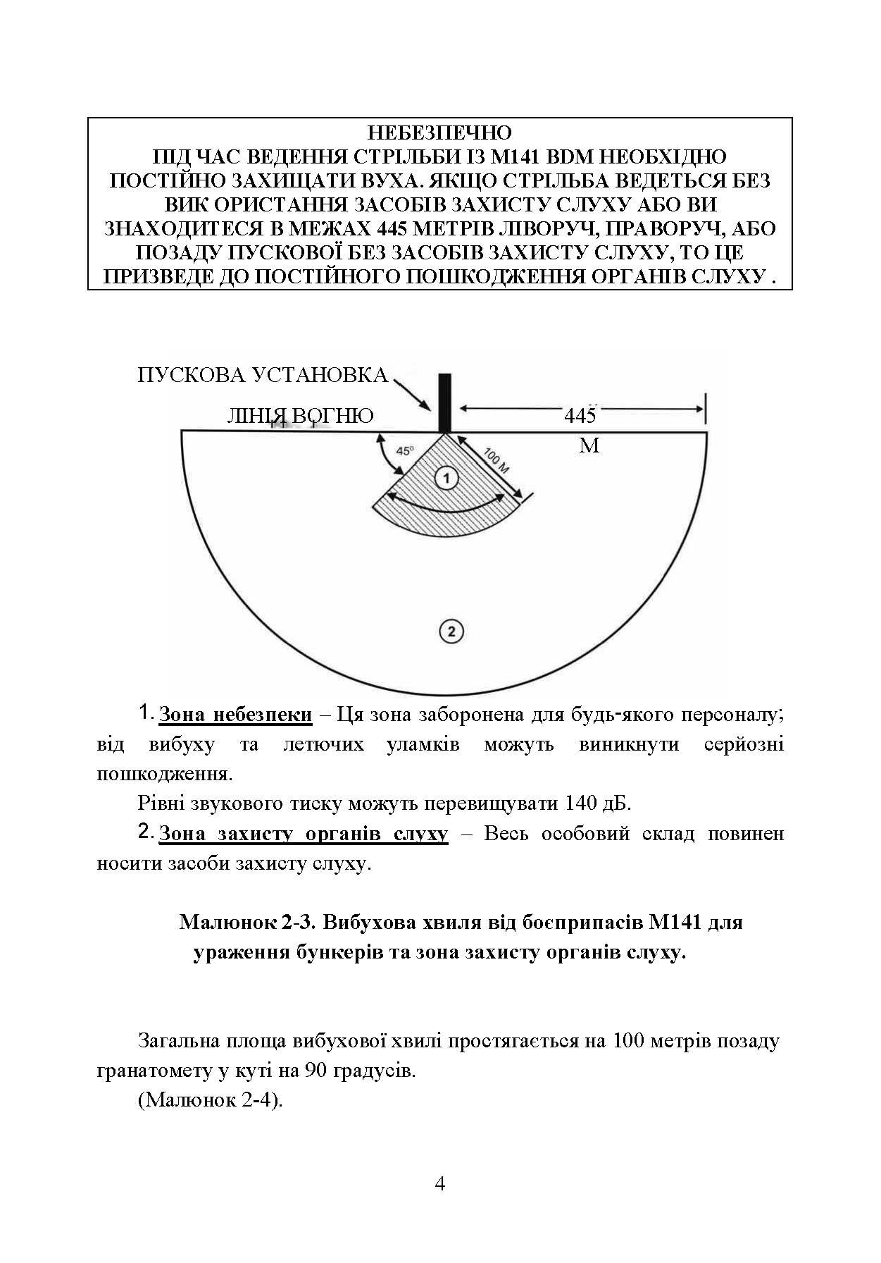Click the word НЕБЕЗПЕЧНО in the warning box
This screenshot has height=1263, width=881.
(x=439, y=133)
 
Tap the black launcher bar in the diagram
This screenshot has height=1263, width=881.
(x=444, y=402)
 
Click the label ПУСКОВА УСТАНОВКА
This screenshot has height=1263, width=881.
(x=263, y=375)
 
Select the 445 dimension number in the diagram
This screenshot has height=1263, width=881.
(x=580, y=415)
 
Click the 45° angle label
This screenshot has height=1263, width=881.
(x=405, y=452)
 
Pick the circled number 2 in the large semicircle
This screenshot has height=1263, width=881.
(x=451, y=630)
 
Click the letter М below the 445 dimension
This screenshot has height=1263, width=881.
(x=589, y=445)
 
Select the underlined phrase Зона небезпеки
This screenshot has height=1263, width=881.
(x=235, y=715)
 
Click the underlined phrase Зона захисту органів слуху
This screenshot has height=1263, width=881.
(x=304, y=834)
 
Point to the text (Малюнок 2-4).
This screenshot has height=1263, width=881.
(x=211, y=1100)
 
